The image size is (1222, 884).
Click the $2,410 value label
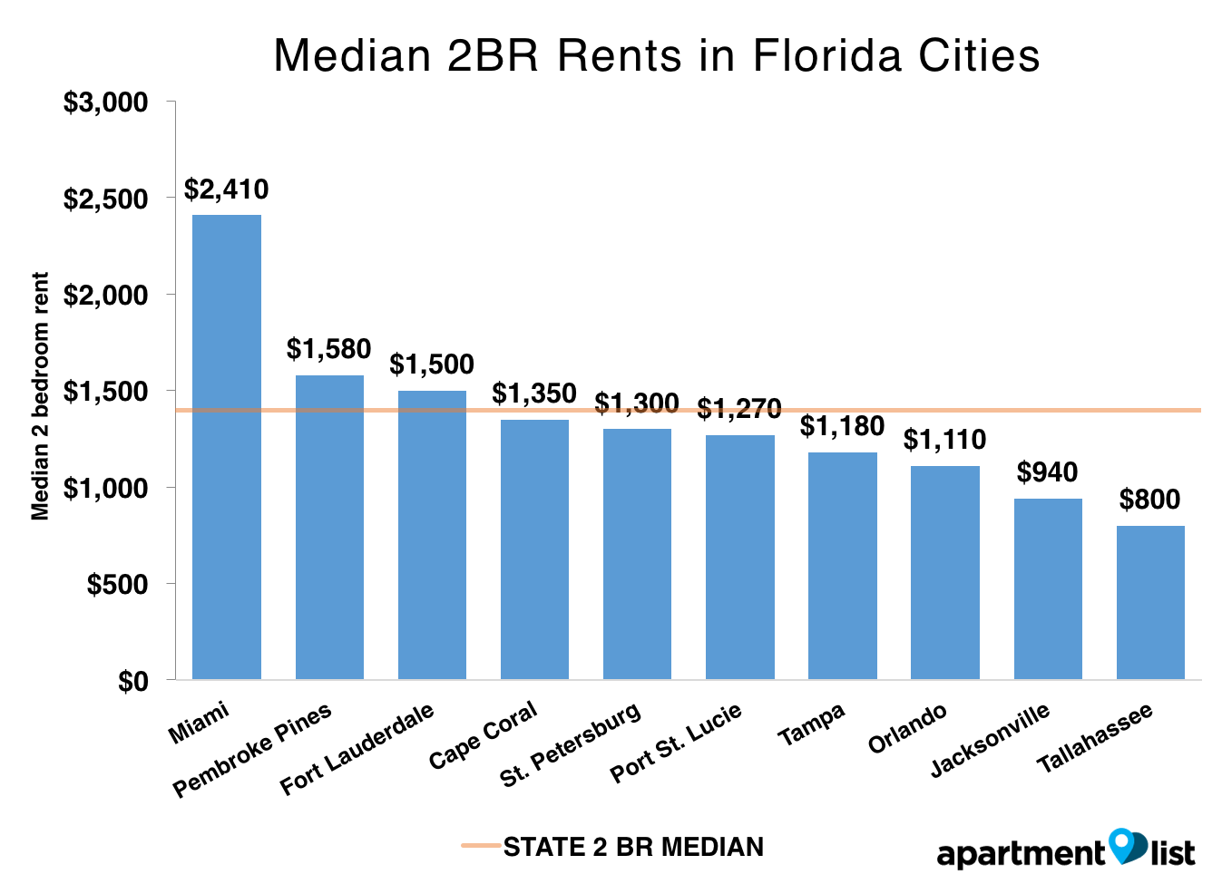227,189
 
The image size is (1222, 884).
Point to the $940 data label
1047,472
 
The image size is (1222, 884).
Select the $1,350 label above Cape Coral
534,393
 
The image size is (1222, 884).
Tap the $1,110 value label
944,440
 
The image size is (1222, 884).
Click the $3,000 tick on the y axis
105,102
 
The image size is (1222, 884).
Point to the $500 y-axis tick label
117,585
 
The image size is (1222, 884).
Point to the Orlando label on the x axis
907,728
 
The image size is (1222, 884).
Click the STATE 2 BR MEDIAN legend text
633,847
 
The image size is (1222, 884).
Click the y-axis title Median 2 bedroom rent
40,396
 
